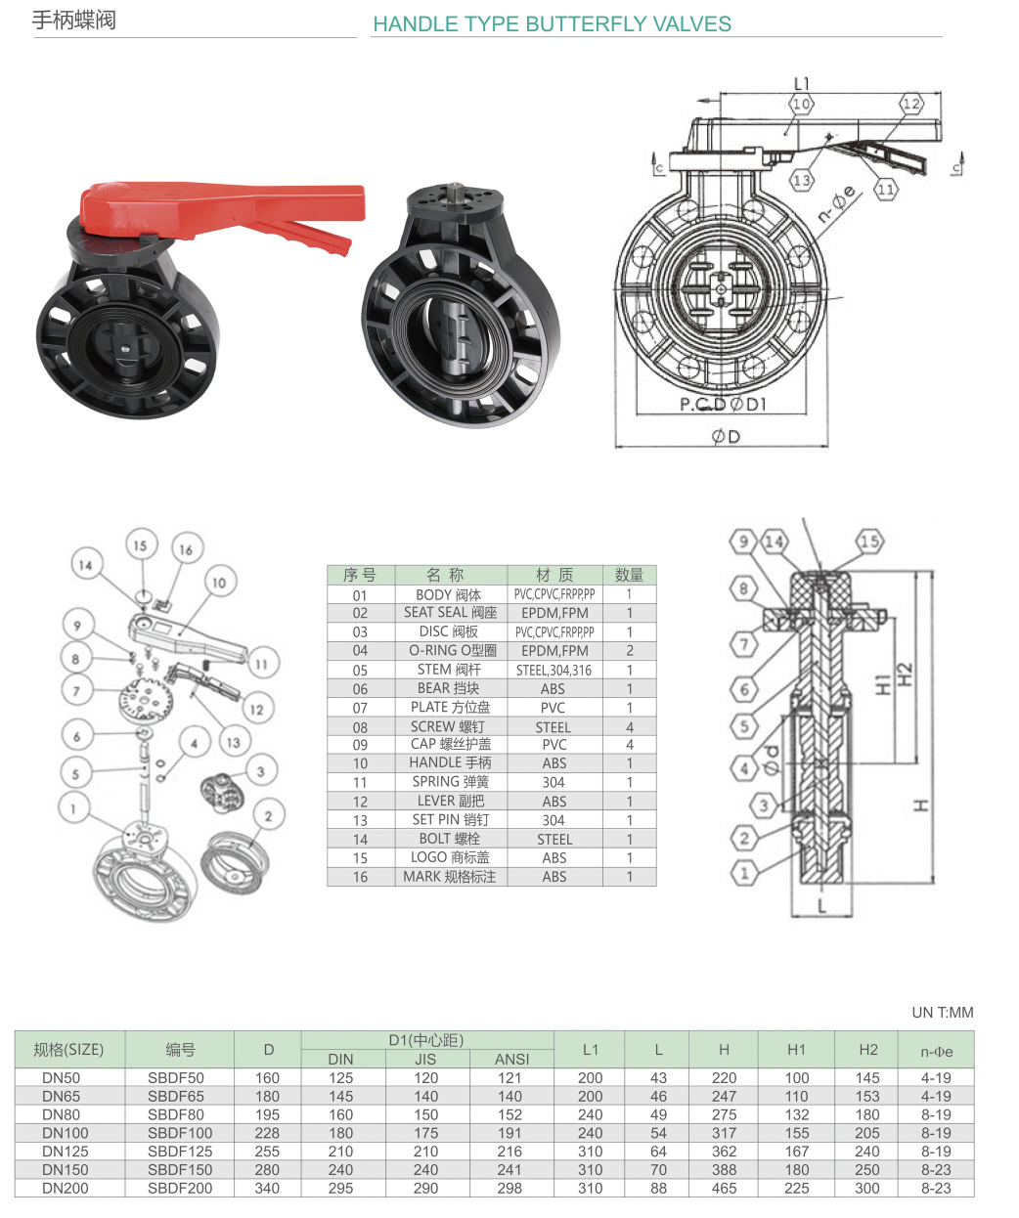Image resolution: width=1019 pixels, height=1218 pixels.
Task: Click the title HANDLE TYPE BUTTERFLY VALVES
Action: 552,24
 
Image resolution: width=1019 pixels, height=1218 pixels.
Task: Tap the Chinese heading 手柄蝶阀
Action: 74,21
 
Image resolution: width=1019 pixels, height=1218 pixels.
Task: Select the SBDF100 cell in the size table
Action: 180,1133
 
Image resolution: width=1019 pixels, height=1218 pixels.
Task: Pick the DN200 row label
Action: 66,1189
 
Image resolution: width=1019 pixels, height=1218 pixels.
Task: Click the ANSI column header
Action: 511,1059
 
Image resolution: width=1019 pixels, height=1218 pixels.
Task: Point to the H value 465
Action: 724,1189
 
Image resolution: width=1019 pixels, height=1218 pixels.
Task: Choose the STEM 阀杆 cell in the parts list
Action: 449,670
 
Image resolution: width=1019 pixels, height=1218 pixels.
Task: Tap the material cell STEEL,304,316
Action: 554,671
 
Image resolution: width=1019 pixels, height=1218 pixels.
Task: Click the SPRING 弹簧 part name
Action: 450,782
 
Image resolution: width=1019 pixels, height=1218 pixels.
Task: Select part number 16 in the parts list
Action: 360,877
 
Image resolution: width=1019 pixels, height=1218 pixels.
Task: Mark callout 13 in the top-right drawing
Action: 802,180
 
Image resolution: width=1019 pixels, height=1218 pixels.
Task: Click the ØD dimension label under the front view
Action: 726,436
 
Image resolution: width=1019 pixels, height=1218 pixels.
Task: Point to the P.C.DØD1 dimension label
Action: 724,404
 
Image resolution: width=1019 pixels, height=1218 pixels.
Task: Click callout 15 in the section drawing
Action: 869,541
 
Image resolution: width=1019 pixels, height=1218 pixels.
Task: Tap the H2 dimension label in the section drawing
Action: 905,674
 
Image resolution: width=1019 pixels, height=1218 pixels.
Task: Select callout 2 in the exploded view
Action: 268,814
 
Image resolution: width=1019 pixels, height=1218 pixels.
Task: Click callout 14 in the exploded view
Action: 86,564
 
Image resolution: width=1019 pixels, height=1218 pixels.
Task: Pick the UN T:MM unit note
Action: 942,1013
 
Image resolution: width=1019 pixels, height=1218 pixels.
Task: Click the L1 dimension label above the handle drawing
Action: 802,84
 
